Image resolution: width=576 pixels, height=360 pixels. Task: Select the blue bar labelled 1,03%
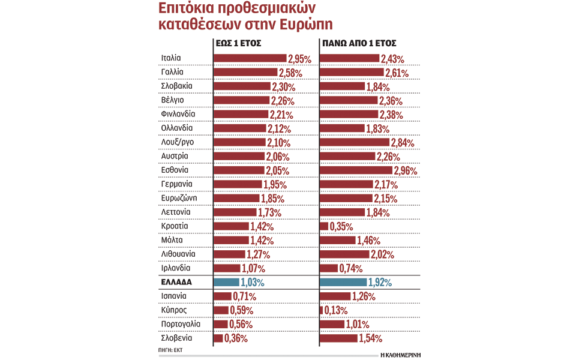[227, 282]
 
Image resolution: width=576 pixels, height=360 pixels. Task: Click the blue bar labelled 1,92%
[343, 282]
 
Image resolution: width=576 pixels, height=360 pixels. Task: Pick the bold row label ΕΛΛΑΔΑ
[178, 282]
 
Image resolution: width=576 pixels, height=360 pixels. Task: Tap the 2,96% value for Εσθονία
[406, 171]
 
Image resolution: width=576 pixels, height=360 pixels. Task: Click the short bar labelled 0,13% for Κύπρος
[322, 310]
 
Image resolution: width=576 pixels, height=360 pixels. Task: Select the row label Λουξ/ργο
[178, 142]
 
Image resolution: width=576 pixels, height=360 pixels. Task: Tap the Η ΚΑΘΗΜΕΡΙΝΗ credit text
[400, 355]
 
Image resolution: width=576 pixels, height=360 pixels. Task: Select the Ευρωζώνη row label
[179, 198]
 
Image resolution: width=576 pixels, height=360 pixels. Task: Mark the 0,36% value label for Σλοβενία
[235, 339]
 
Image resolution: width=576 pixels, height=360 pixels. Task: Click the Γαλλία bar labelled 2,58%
[245, 72]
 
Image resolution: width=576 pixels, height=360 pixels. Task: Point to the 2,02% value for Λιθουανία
[382, 255]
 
